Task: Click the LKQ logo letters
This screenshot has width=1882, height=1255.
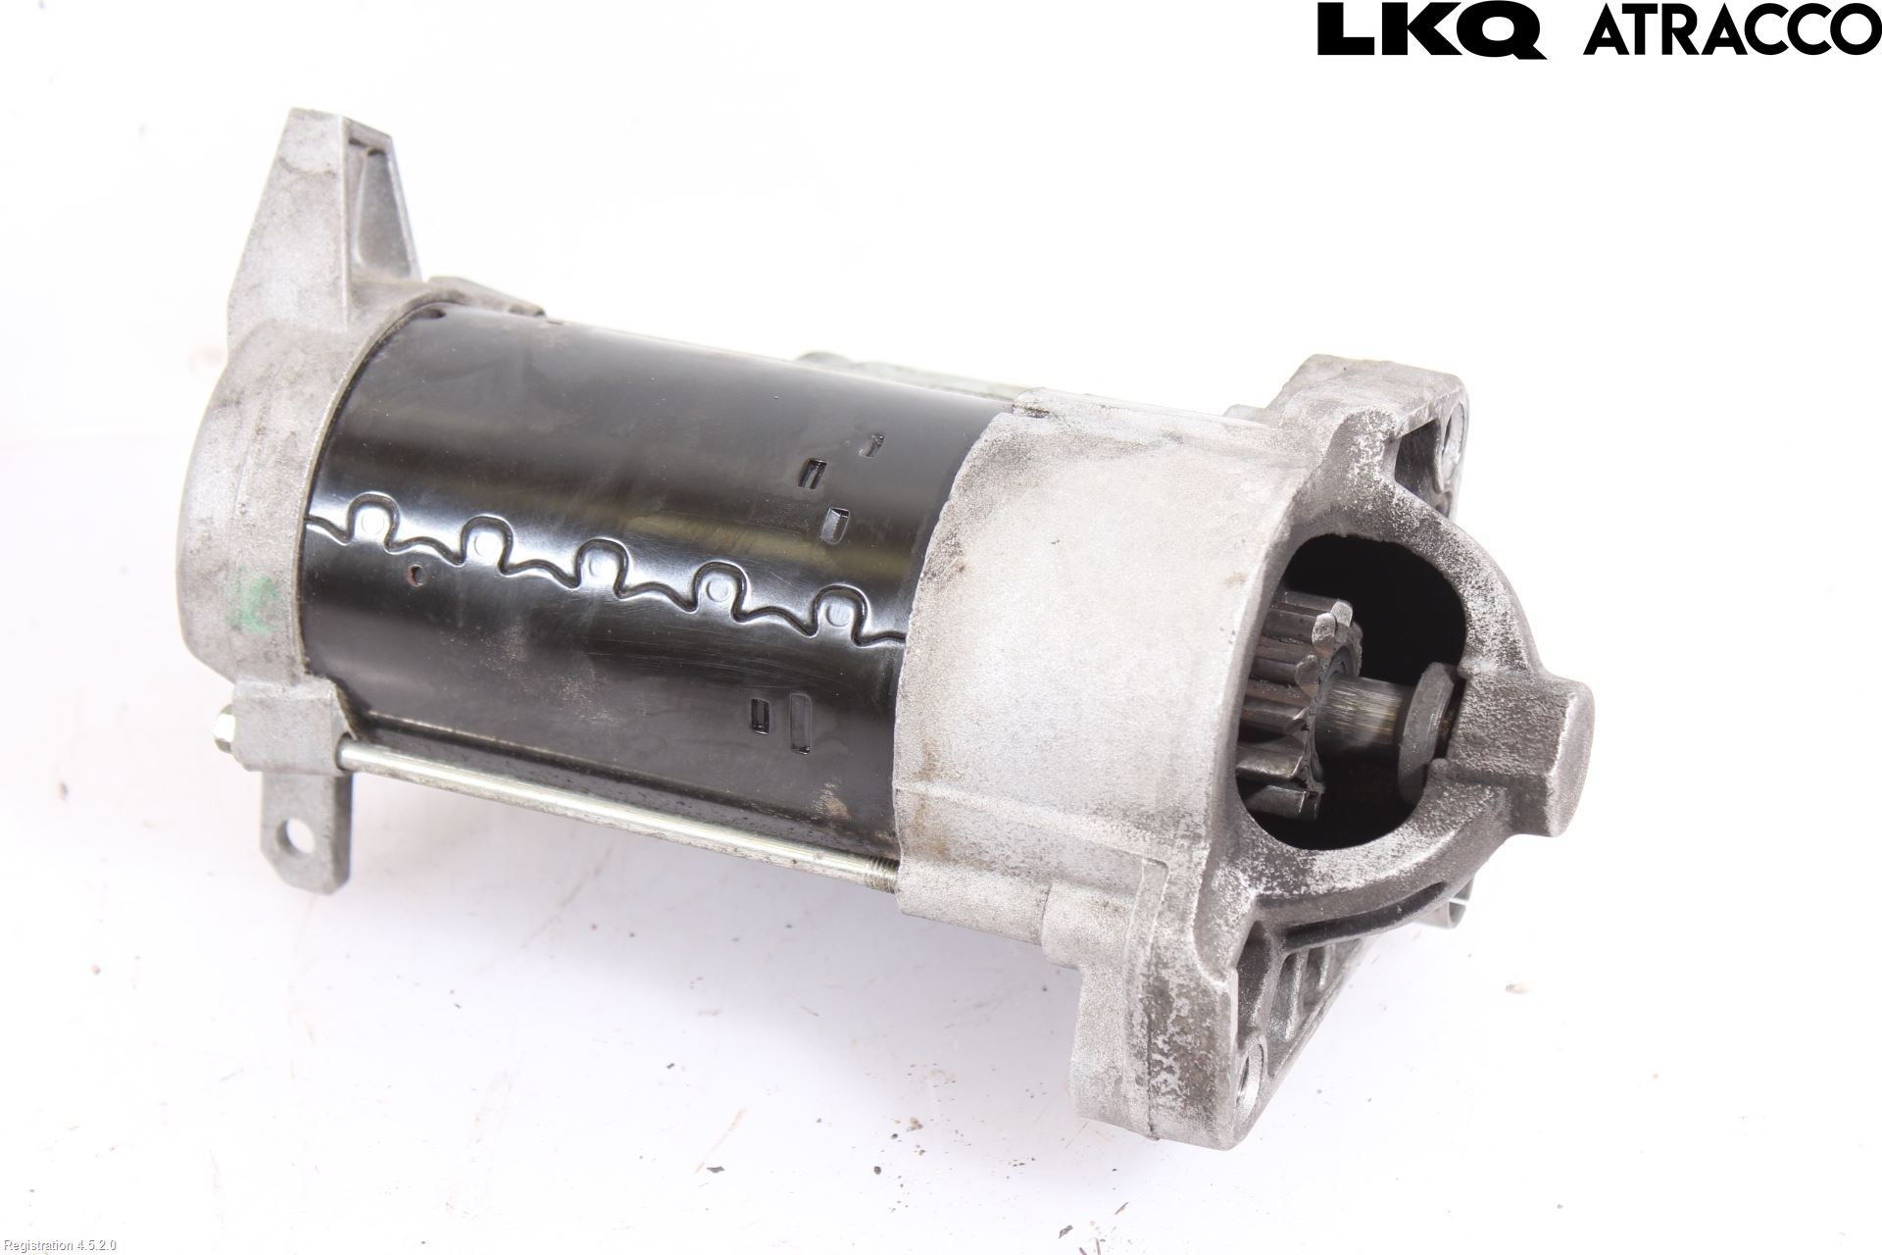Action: coord(1431,29)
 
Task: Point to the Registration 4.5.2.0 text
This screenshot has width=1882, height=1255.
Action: coord(60,1245)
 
